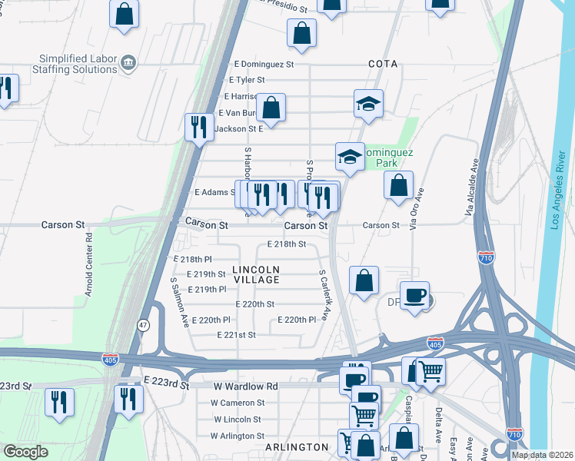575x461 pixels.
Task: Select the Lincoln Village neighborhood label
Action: pos(256,275)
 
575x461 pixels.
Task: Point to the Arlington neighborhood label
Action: pos(297,447)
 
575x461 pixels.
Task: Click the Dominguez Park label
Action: pos(387,158)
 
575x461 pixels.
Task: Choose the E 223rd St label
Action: pos(165,381)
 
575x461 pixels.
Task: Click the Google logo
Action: pos(25,452)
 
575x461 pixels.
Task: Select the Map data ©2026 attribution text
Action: pos(542,455)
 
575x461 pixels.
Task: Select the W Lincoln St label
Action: pos(238,420)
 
